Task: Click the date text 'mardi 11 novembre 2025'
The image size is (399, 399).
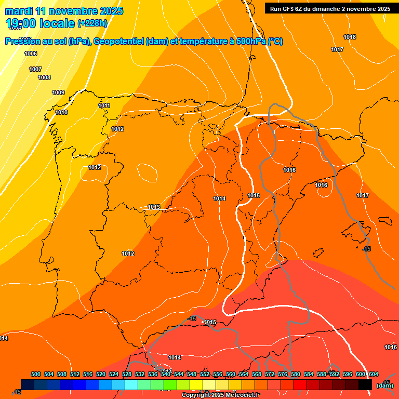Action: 64,11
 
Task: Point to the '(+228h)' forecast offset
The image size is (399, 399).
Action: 92,23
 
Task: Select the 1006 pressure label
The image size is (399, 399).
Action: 31,54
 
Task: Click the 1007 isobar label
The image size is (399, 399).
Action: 35,69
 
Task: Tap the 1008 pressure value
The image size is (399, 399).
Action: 44,77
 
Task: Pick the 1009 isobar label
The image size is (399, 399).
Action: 58,92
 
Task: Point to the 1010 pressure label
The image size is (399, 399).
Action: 61,112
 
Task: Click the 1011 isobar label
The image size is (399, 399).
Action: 104,105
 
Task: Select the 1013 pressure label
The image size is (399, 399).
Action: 154,207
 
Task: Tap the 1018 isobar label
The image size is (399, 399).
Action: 350,37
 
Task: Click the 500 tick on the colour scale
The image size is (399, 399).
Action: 36,374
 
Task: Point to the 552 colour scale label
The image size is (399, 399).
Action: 205,374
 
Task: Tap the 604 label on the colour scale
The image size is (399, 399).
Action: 374,374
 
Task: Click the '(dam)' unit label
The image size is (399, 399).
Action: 385,385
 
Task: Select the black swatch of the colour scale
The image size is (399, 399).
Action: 365,384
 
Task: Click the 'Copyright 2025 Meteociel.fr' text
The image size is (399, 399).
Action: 220,395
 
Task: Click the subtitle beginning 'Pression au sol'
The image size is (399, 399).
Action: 144,42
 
